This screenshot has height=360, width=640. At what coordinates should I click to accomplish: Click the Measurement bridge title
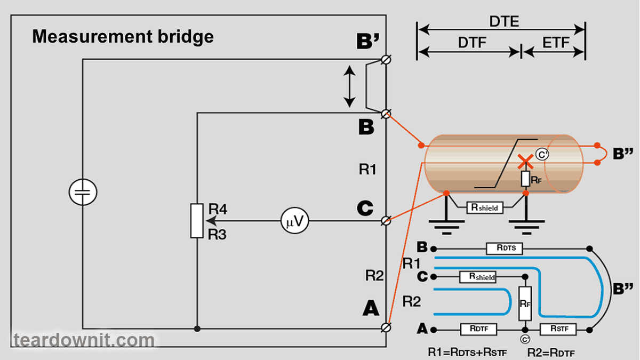[123, 37]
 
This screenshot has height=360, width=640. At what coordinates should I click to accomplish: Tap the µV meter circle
[295, 221]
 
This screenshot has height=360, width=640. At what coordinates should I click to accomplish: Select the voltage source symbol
[83, 193]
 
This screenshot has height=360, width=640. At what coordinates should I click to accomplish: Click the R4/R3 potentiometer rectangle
[197, 221]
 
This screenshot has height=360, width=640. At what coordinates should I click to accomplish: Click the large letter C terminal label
[365, 209]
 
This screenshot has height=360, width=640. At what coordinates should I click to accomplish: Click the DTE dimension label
[504, 22]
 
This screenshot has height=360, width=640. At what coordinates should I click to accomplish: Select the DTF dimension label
[473, 43]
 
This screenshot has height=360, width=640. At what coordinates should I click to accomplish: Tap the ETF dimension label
[556, 43]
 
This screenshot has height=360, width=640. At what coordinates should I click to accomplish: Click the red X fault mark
[525, 162]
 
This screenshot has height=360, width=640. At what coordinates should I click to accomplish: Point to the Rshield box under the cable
[484, 207]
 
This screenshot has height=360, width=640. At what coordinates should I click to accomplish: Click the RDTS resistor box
[505, 249]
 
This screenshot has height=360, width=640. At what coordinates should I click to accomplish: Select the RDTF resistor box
[478, 329]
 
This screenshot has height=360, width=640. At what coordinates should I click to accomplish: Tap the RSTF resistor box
[558, 329]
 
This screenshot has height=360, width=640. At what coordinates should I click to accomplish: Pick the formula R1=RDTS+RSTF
[467, 352]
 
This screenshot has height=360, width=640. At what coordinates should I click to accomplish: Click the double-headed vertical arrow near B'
[349, 86]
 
